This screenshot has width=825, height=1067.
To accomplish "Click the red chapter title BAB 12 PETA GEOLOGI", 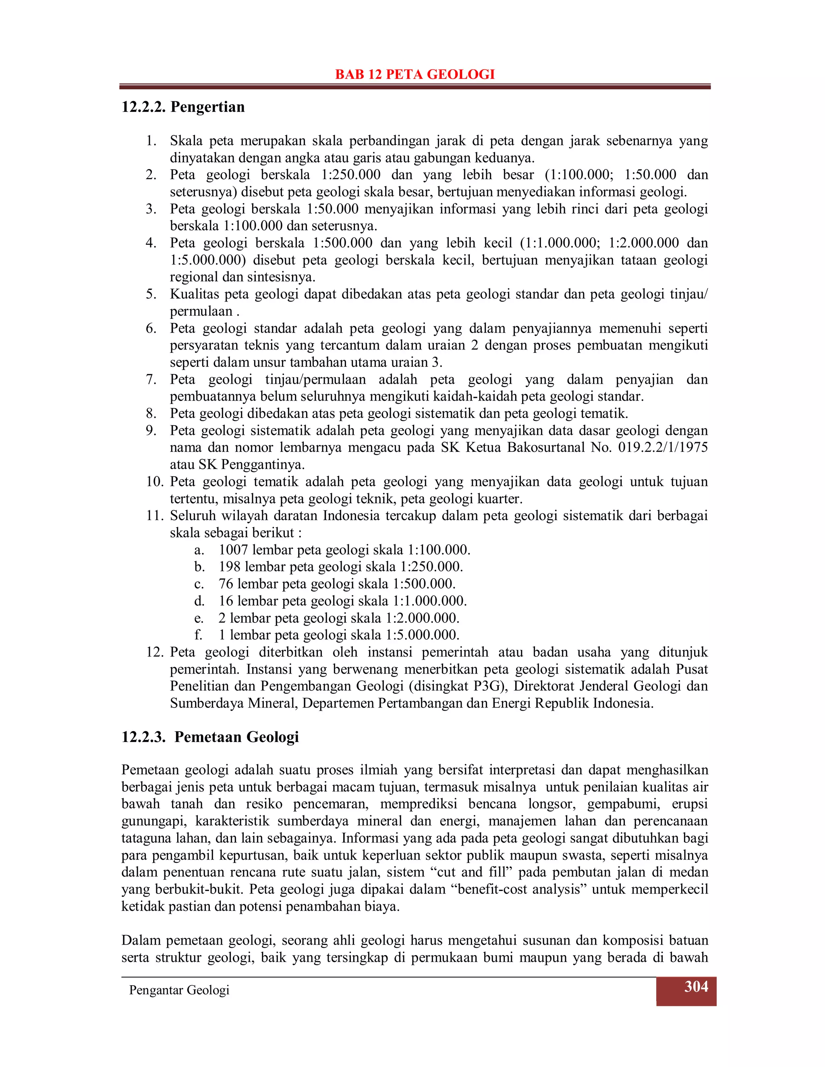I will pyautogui.click(x=415, y=74).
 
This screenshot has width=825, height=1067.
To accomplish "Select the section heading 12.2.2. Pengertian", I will pyautogui.click(x=183, y=107).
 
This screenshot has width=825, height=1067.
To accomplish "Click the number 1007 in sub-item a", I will pyautogui.click(x=234, y=550).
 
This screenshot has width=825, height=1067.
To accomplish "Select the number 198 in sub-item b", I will pyautogui.click(x=230, y=567).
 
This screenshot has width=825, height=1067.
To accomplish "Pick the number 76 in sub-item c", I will pyautogui.click(x=226, y=584).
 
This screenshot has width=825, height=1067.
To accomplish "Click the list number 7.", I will pyautogui.click(x=151, y=379).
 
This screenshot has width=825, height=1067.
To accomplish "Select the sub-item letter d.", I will pyautogui.click(x=199, y=601).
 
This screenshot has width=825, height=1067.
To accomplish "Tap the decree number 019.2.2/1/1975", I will pyautogui.click(x=662, y=447).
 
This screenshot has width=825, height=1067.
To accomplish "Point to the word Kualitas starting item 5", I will pyautogui.click(x=194, y=294).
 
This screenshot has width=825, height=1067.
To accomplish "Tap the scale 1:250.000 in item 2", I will pyautogui.click(x=350, y=175).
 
